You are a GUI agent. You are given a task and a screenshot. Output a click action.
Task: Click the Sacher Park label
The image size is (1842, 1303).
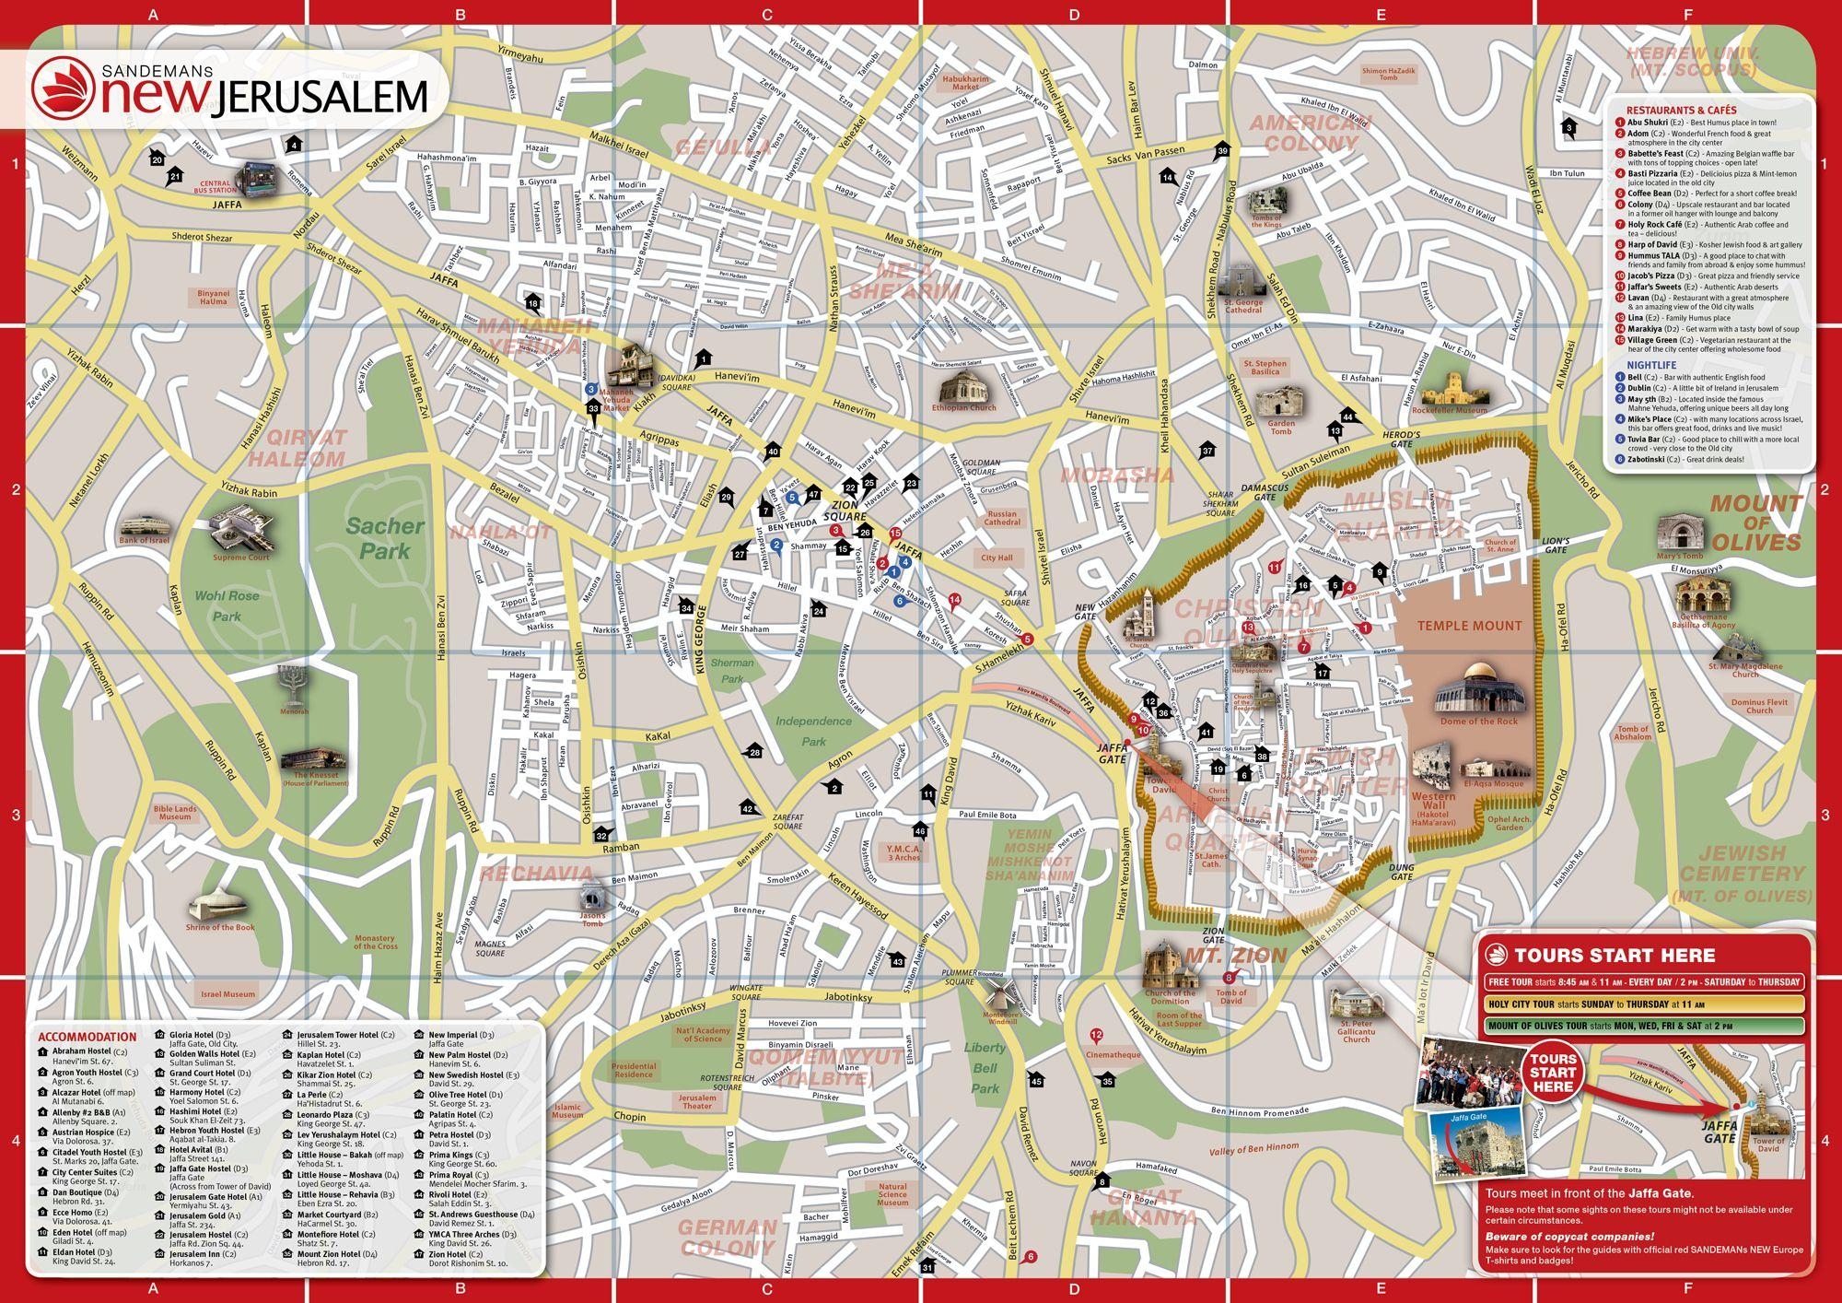[x=385, y=538]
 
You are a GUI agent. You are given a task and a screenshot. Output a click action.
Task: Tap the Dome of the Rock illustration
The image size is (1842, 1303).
[x=1478, y=687]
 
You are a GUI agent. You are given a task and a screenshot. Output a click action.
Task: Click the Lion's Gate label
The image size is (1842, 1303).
[x=1555, y=545]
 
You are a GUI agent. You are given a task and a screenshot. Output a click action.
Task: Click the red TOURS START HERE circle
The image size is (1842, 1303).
[x=1553, y=1072]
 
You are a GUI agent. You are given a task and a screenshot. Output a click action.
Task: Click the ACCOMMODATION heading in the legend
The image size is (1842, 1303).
[x=87, y=1036]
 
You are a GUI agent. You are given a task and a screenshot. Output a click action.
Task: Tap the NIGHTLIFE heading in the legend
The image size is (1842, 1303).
[x=1651, y=365]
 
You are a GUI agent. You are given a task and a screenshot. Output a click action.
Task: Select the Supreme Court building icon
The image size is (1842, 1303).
[x=240, y=530]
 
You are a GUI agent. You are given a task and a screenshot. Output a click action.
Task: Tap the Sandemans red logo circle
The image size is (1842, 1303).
[x=64, y=88]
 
